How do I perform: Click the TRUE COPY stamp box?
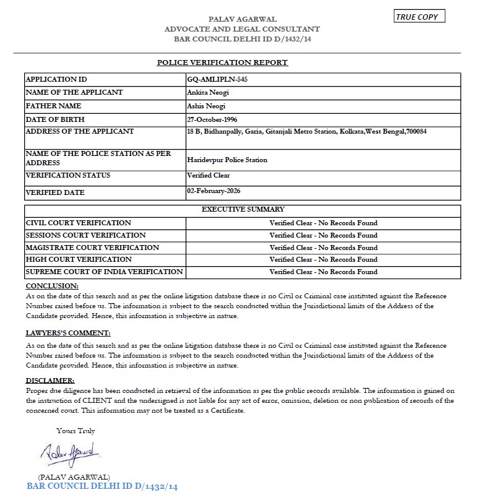click(x=419, y=17)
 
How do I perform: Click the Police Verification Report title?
click(x=222, y=62)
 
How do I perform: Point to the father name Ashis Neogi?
click(x=206, y=106)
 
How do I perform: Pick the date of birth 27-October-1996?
click(x=212, y=119)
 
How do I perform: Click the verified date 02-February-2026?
click(x=214, y=191)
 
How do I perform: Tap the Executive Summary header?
click(x=243, y=210)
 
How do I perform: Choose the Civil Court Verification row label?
click(x=78, y=223)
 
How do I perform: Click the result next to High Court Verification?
click(x=323, y=259)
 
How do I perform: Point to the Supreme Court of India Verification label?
click(x=104, y=272)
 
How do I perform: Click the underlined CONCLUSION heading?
click(x=52, y=286)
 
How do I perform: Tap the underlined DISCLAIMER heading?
click(x=50, y=380)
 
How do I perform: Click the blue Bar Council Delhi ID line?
click(x=102, y=486)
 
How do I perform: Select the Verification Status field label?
click(x=68, y=175)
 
